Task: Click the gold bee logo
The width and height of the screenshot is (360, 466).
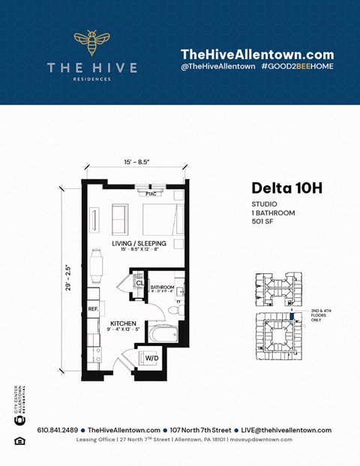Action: pyautogui.click(x=91, y=44)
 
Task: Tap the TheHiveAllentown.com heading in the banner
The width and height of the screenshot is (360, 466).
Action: pyautogui.click(x=257, y=54)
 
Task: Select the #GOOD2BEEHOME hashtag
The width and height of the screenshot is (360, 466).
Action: pyautogui.click(x=298, y=67)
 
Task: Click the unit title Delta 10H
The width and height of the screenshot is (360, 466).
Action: pyautogui.click(x=286, y=188)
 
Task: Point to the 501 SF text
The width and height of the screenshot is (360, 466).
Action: pyautogui.click(x=264, y=222)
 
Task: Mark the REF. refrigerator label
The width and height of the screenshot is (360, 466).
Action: pyautogui.click(x=93, y=308)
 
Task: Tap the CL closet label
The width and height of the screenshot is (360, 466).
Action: pyautogui.click(x=140, y=283)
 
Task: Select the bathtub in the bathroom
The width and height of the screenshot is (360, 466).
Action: pyautogui.click(x=161, y=331)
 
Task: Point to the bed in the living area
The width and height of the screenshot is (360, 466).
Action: pyautogui.click(x=162, y=218)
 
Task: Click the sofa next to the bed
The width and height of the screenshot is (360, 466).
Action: pyautogui.click(x=120, y=218)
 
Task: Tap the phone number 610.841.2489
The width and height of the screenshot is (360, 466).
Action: pyautogui.click(x=56, y=430)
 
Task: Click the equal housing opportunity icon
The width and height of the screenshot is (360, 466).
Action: pyautogui.click(x=19, y=440)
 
